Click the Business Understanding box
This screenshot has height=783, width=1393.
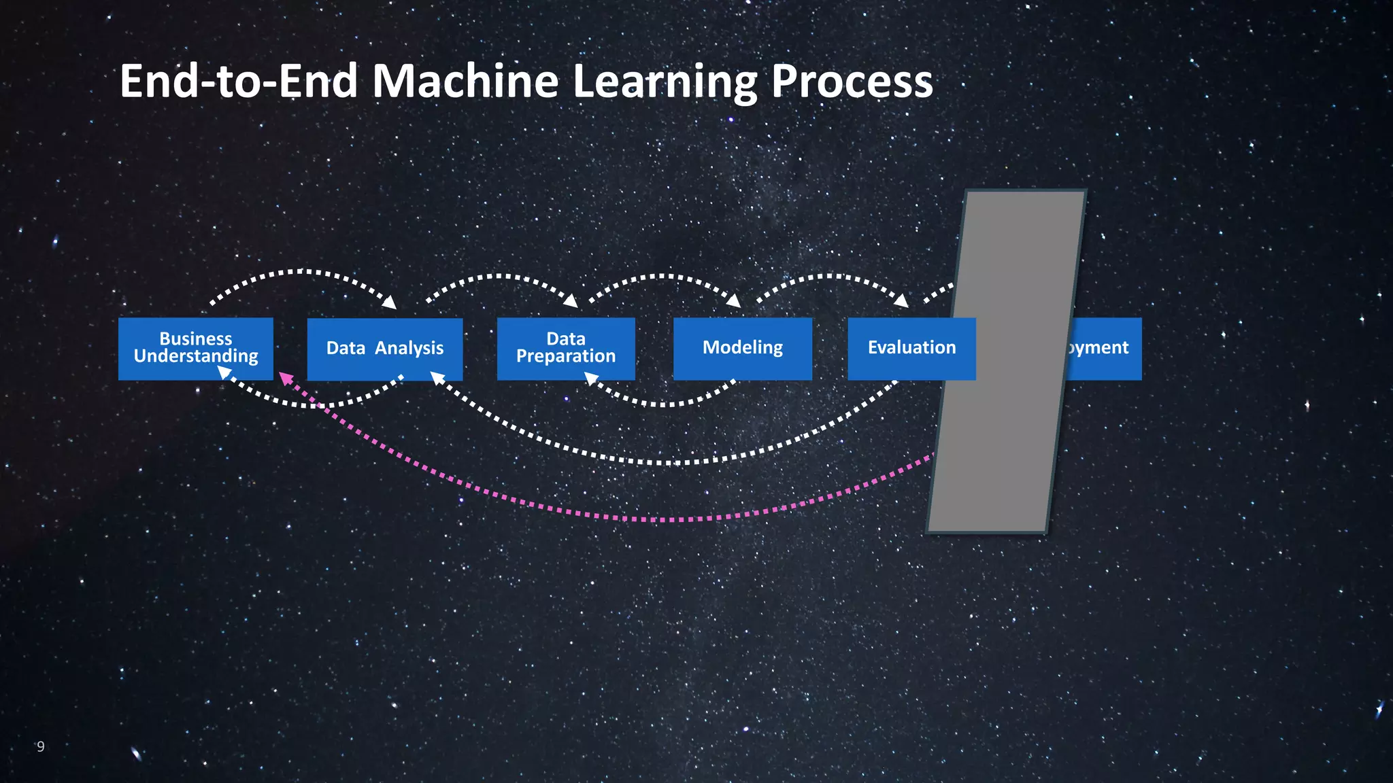tap(195, 348)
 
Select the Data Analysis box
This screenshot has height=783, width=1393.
tap(385, 349)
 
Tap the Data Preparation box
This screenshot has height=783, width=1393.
tap(566, 348)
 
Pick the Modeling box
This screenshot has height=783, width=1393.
tap(742, 348)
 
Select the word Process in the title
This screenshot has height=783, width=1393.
tap(852, 82)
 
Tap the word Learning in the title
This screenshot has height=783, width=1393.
tap(665, 82)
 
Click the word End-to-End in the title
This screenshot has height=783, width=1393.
tap(239, 82)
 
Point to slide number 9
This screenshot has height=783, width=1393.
tap(41, 746)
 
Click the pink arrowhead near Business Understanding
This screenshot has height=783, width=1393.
tap(286, 379)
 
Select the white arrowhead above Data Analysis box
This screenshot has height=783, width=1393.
tap(390, 302)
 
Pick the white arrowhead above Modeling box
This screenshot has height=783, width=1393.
tap(734, 300)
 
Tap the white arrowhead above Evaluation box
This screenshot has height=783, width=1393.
tap(901, 300)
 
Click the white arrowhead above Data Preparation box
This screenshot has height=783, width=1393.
tap(571, 300)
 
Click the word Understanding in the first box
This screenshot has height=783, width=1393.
tap(196, 356)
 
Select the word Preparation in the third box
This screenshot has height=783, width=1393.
tap(566, 356)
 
